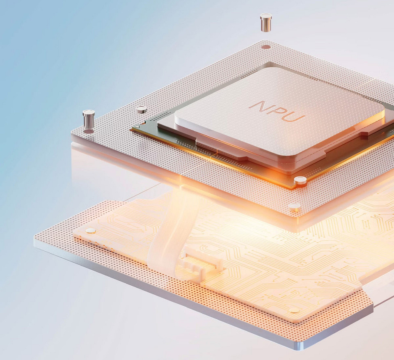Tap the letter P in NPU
[x=277, y=112]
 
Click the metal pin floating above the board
[x=266, y=22]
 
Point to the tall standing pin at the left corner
[x=89, y=119]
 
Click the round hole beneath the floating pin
[x=266, y=47]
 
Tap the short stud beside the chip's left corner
[x=141, y=110]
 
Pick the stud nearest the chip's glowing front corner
[x=300, y=180]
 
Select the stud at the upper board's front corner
[x=294, y=207]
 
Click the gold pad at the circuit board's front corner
[x=294, y=310]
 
